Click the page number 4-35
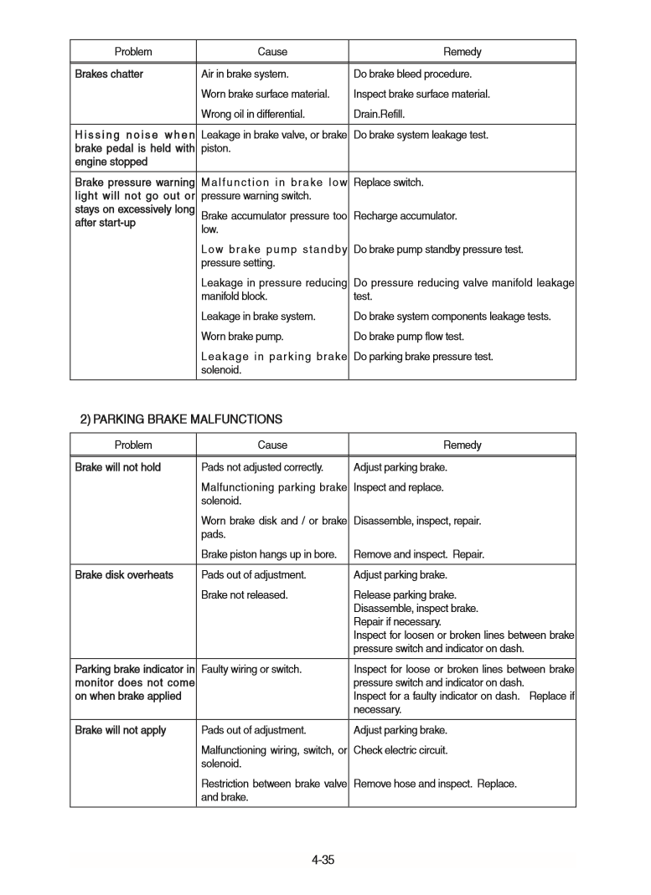tap(323, 860)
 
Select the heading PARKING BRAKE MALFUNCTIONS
tap(181, 419)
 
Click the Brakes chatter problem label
tap(109, 75)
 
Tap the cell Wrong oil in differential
tap(253, 115)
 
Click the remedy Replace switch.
tap(389, 183)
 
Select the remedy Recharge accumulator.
tap(406, 216)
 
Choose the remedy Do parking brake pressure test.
tap(423, 357)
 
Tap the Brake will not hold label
tap(118, 467)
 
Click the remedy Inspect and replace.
tap(399, 487)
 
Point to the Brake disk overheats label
tap(124, 575)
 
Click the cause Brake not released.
tap(245, 595)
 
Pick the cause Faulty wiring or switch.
tap(252, 669)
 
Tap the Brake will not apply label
tap(121, 730)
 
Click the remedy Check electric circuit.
tap(400, 750)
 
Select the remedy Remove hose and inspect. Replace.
tap(436, 784)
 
